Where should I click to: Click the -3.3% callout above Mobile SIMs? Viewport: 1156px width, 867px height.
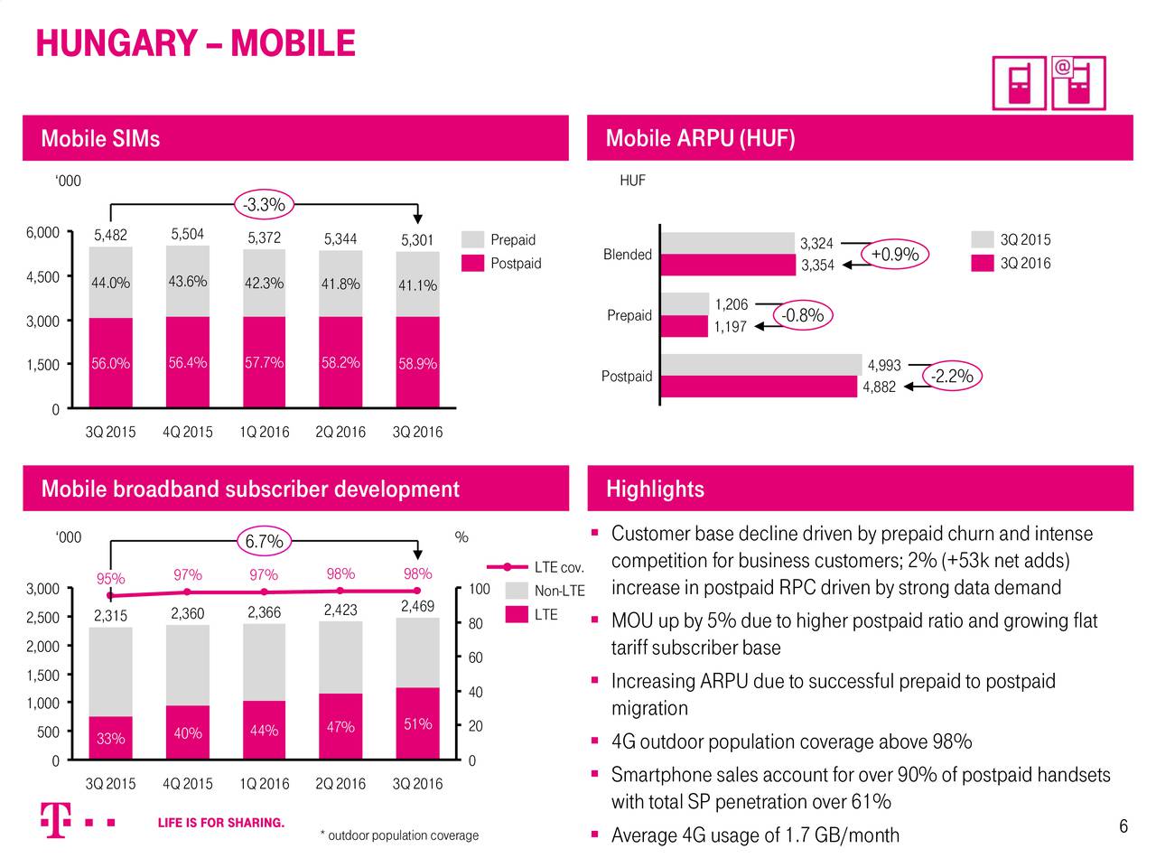(263, 205)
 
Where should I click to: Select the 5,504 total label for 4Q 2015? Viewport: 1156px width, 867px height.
(187, 235)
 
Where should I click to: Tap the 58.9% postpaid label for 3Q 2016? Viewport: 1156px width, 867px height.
(416, 364)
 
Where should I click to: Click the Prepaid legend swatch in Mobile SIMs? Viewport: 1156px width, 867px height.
(472, 240)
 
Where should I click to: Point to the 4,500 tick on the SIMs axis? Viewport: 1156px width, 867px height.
(42, 277)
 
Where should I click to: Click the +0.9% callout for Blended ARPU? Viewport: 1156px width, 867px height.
(894, 255)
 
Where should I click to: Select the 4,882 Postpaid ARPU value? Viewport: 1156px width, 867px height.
(879, 387)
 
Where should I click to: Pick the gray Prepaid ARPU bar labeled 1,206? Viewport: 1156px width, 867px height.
(685, 304)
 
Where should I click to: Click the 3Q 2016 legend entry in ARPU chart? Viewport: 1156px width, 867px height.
(1011, 264)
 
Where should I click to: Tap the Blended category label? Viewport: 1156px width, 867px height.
(627, 255)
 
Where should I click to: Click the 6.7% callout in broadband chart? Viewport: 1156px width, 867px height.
(263, 542)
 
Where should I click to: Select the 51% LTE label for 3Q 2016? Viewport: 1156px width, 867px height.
(417, 724)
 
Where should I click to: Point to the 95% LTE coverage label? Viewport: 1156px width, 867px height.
(110, 579)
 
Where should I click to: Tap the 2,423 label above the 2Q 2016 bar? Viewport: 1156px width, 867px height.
(340, 610)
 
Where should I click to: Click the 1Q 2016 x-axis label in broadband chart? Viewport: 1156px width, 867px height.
(264, 784)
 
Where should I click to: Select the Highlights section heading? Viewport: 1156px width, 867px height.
(655, 489)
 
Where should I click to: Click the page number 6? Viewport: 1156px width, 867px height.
(1123, 827)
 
